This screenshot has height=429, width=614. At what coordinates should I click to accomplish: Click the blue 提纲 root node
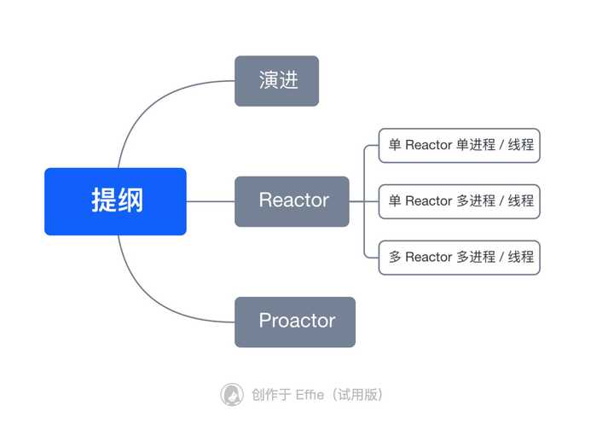(x=115, y=201)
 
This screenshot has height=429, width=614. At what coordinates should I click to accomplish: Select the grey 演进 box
(x=276, y=81)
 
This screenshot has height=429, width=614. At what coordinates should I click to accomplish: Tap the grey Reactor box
(x=292, y=201)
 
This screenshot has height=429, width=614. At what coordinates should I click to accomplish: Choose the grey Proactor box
(x=295, y=322)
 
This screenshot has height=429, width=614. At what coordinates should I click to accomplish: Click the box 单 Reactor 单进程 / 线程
(x=460, y=145)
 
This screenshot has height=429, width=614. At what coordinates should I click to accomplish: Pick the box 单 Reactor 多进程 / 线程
(x=460, y=201)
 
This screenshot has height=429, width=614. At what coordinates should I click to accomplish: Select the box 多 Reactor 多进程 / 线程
(x=460, y=257)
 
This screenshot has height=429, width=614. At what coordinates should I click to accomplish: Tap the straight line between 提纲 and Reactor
(x=210, y=201)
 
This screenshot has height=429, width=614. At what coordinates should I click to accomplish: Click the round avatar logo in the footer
(x=232, y=394)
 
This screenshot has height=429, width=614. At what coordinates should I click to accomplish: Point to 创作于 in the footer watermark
(x=270, y=394)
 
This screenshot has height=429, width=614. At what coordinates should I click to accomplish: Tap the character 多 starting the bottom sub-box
(x=395, y=257)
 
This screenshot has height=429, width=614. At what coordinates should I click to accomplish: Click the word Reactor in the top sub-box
(x=428, y=145)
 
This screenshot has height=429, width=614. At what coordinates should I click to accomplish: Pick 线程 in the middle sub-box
(x=521, y=201)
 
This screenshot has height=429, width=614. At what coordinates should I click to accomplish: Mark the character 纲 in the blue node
(x=130, y=201)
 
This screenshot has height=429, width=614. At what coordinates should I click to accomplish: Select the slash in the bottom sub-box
(x=501, y=257)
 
